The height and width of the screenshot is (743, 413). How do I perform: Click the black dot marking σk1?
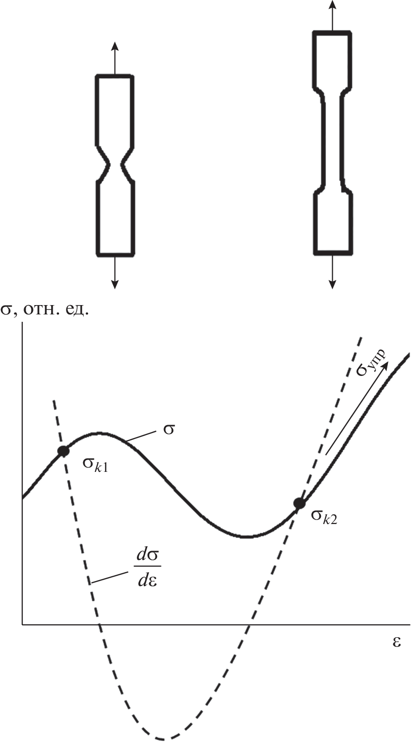[x=63, y=451]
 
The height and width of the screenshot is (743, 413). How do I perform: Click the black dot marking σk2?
[x=299, y=503]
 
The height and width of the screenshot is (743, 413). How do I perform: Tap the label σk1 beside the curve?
[x=95, y=465]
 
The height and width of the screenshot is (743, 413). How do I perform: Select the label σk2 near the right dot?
[x=324, y=518]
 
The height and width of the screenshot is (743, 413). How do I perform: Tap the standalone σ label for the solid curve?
[x=168, y=430]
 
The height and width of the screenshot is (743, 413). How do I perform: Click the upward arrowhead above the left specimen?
[x=115, y=46]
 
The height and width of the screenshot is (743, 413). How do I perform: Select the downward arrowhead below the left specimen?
[x=115, y=284]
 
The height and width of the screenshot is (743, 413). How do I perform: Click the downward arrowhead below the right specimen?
[x=332, y=284]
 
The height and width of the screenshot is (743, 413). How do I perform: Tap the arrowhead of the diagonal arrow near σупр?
[x=385, y=365]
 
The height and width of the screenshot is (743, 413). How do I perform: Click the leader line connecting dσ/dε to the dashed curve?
[x=110, y=577]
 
